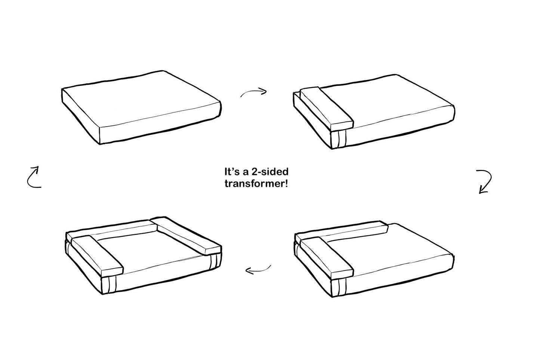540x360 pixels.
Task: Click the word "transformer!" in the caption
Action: pos(256,184)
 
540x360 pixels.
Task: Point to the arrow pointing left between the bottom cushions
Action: pos(258,270)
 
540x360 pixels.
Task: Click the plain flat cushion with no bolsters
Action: pos(141,107)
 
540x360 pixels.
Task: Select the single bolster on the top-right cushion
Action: pos(326,108)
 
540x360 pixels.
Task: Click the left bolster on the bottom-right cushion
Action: pos(326,257)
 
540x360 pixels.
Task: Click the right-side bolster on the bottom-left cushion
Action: pos(186,236)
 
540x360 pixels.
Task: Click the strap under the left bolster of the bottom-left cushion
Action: pos(109,285)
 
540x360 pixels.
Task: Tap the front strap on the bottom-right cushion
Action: pos(339,288)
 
